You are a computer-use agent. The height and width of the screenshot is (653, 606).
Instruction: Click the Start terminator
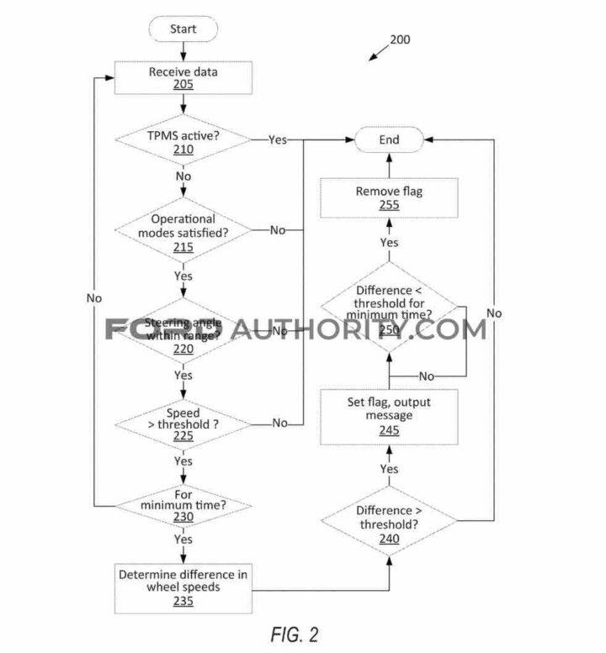183,29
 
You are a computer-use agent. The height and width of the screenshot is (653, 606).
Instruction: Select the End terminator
388,140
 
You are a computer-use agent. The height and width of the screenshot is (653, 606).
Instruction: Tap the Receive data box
183,77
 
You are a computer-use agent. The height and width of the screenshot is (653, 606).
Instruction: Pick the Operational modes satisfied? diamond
183,231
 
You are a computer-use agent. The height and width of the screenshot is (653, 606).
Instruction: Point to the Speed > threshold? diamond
183,423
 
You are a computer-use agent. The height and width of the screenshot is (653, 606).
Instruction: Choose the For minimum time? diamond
183,504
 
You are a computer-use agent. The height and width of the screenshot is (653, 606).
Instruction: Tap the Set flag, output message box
389,416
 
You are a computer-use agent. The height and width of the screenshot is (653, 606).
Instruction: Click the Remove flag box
389,198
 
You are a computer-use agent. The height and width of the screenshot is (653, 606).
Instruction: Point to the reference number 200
400,39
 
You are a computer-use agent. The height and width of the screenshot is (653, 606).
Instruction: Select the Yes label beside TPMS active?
278,140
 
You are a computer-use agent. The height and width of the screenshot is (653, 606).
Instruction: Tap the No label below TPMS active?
183,176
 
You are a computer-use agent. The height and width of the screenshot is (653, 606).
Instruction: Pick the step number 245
389,430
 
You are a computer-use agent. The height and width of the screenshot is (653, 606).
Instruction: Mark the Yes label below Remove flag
389,242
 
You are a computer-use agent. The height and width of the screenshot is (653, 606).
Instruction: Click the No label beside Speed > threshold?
279,423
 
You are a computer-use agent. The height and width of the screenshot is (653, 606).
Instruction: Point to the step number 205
183,85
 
